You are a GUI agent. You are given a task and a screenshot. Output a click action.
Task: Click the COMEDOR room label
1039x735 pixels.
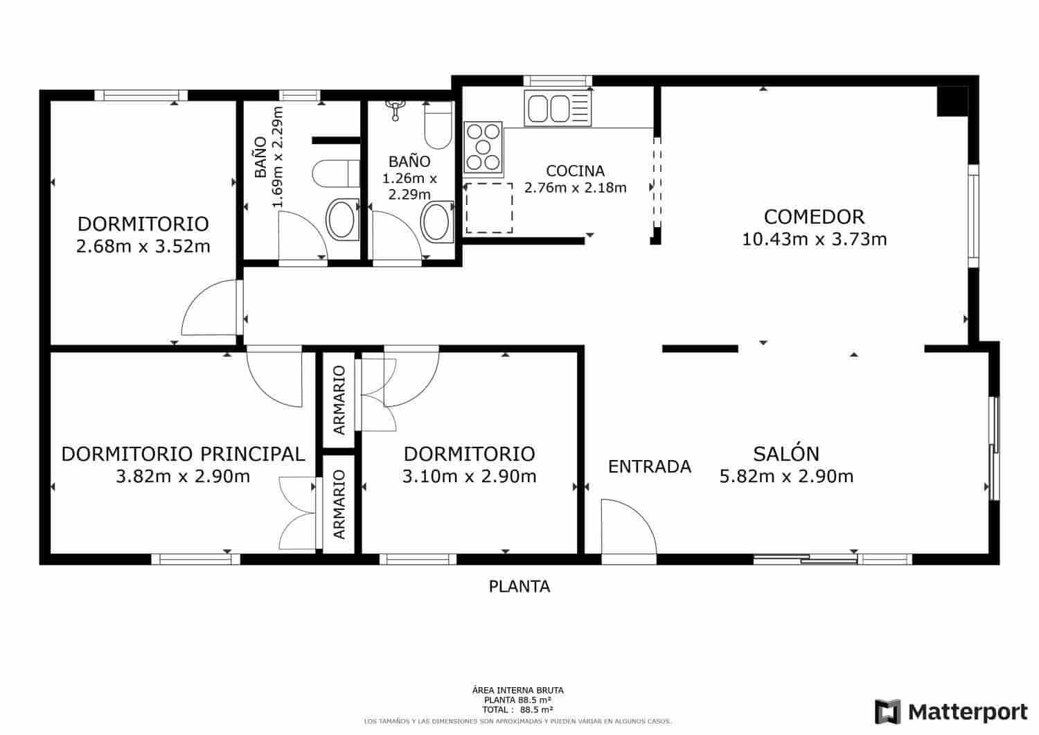(814, 217)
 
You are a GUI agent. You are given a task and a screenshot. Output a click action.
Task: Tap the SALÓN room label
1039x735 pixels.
(786, 454)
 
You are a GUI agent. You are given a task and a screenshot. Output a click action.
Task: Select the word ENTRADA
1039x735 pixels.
(649, 467)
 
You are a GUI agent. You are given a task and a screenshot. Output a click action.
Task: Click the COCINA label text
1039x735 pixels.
(575, 171)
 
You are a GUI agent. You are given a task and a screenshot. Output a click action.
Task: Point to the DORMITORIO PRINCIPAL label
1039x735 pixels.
(183, 454)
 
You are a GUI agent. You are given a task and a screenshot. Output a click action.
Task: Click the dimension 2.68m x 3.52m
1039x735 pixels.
(143, 247)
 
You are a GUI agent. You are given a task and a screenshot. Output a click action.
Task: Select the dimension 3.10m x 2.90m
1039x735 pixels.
(469, 477)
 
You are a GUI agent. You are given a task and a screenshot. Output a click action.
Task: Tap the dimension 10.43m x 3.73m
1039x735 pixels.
(814, 240)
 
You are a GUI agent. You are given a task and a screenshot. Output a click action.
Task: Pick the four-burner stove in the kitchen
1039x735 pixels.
(483, 147)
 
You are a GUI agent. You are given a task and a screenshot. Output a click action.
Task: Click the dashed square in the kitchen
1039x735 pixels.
(489, 208)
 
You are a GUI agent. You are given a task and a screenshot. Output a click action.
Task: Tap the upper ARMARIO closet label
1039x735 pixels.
(339, 400)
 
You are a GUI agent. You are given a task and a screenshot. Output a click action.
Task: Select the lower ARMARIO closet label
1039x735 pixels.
(339, 504)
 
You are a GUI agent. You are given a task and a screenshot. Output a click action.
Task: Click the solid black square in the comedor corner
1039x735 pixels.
(952, 101)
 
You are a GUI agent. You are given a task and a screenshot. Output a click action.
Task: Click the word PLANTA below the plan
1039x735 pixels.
(519, 587)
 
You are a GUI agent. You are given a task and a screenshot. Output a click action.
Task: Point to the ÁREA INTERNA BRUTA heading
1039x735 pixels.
(517, 690)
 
